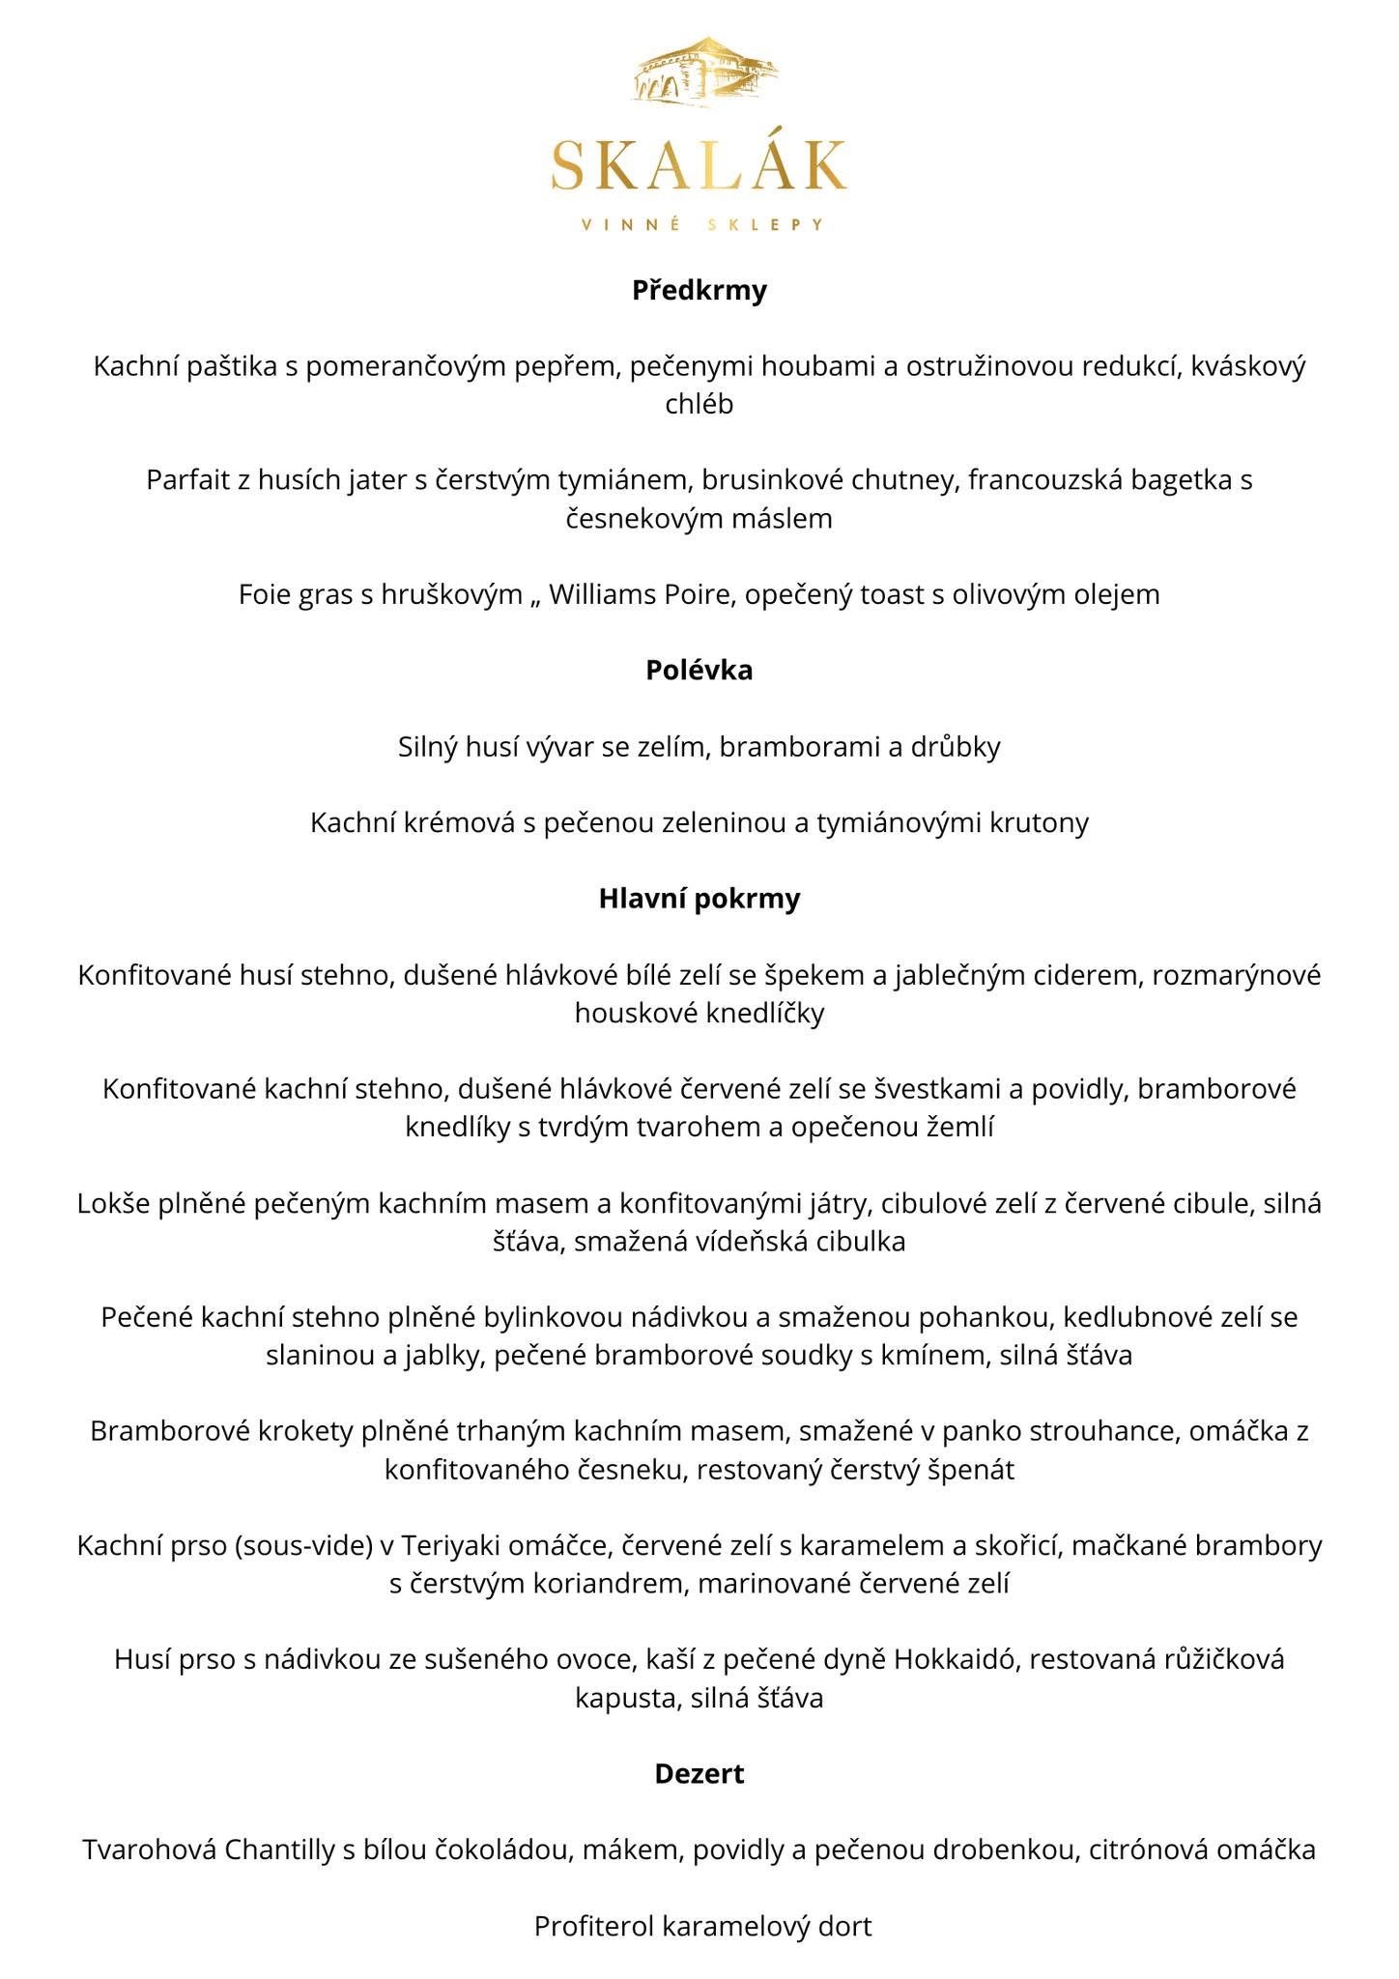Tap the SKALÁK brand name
tap(699, 166)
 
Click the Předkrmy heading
tap(699, 290)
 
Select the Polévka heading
tap(699, 670)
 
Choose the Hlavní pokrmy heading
tap(699, 899)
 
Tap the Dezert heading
tap(699, 1773)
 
